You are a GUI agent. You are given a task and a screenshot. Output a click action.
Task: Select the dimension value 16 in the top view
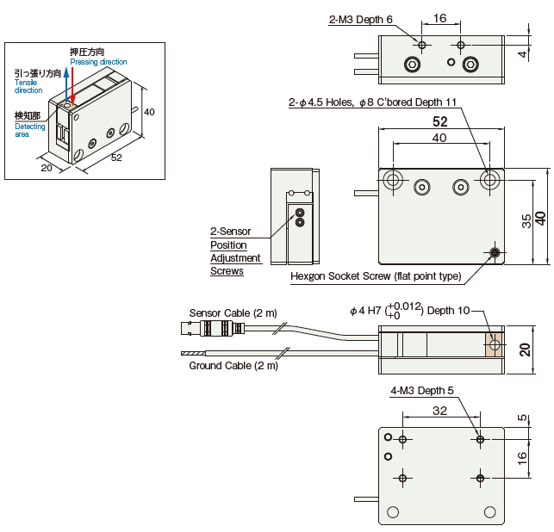coord(440,18)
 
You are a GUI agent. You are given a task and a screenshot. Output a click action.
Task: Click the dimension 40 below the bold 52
coord(439,138)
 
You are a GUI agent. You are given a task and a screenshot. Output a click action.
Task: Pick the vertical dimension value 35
coord(526,220)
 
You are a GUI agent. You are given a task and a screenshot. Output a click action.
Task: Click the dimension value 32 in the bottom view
coord(439,411)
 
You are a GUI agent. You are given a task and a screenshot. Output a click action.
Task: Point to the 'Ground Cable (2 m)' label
coord(233,365)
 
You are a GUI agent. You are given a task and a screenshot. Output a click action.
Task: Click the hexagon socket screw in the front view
coord(495,252)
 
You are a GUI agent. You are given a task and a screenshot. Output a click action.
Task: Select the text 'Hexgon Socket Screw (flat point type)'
coord(376,276)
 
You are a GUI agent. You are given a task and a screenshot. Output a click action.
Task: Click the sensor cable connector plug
coord(211,328)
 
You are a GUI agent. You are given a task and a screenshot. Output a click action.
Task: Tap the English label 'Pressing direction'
coord(98,62)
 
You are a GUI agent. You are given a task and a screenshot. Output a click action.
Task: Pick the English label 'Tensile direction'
coord(28,86)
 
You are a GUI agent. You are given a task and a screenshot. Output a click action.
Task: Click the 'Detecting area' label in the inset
coord(29,131)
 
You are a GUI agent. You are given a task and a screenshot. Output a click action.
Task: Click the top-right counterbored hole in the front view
coord(489,180)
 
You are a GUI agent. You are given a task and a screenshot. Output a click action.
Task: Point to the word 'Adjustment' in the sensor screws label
coord(235,258)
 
